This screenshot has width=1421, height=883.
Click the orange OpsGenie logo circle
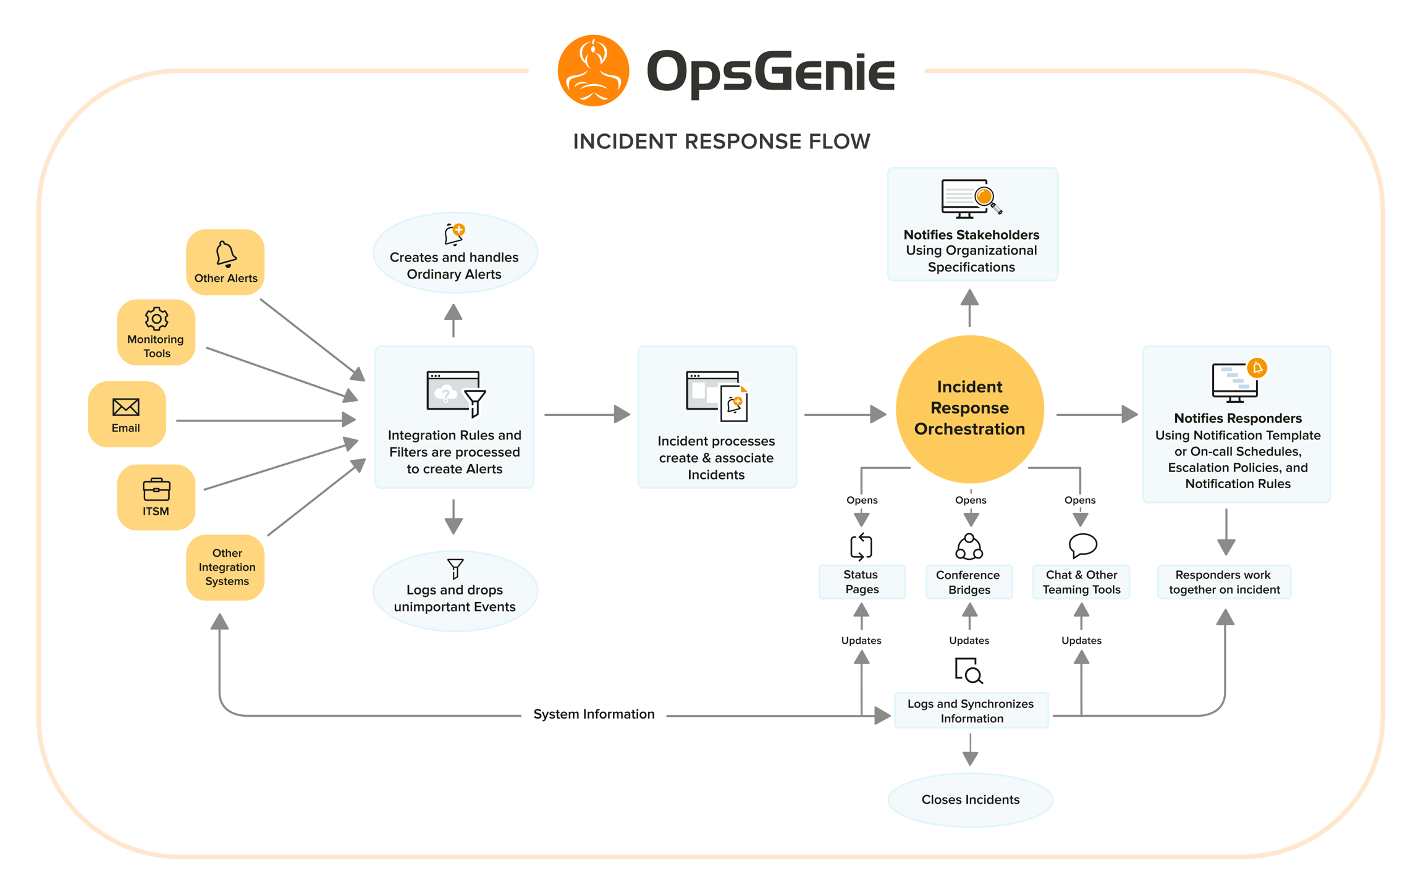[593, 70]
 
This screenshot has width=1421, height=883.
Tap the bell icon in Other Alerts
[226, 254]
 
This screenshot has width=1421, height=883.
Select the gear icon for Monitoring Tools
[156, 318]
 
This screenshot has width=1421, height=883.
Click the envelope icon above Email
[126, 407]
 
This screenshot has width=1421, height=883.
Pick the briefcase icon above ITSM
[156, 489]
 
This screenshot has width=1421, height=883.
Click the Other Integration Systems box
[226, 567]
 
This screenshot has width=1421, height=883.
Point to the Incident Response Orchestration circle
[969, 408]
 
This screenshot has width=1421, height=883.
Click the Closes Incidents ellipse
[970, 800]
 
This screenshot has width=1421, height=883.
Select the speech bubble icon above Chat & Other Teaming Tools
[1082, 546]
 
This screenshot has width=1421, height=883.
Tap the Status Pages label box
[862, 582]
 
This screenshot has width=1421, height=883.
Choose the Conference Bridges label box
[969, 582]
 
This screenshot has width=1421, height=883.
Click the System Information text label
[594, 714]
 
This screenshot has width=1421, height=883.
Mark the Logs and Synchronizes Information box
[971, 711]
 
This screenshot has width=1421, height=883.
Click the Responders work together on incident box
[1224, 582]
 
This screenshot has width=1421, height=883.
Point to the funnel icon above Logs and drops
[455, 568]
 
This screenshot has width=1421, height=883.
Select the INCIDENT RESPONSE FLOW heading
[721, 142]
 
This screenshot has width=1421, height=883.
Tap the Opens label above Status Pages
[862, 500]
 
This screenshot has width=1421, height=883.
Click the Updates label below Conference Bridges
[969, 640]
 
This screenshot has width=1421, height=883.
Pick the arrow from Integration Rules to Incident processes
[586, 414]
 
